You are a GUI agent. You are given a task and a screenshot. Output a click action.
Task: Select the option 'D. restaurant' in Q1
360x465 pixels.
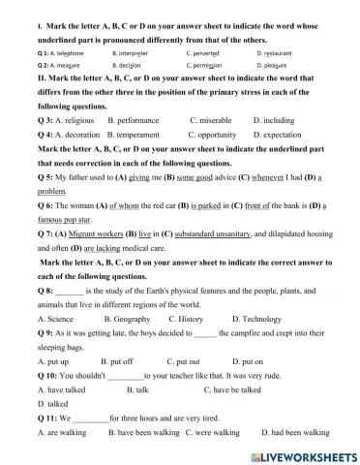coord(279,53)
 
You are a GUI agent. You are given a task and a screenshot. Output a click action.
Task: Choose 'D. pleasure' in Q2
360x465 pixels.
coord(276,66)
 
